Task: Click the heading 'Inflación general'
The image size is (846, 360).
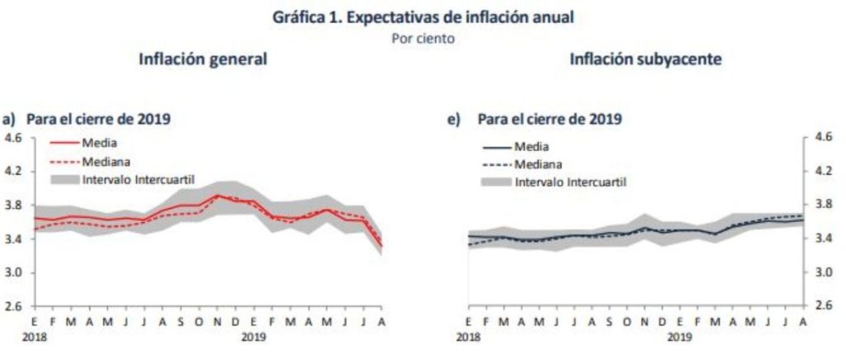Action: coord(202,59)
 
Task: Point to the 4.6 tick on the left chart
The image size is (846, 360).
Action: coord(14,138)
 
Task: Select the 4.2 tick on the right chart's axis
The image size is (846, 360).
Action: coord(822,172)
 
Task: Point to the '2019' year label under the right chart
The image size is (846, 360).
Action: coord(680,338)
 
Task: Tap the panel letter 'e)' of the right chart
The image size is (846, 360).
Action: coord(453,119)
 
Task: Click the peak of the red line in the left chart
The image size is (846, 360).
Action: coord(217,196)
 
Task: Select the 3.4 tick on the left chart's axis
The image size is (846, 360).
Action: coord(14,239)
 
